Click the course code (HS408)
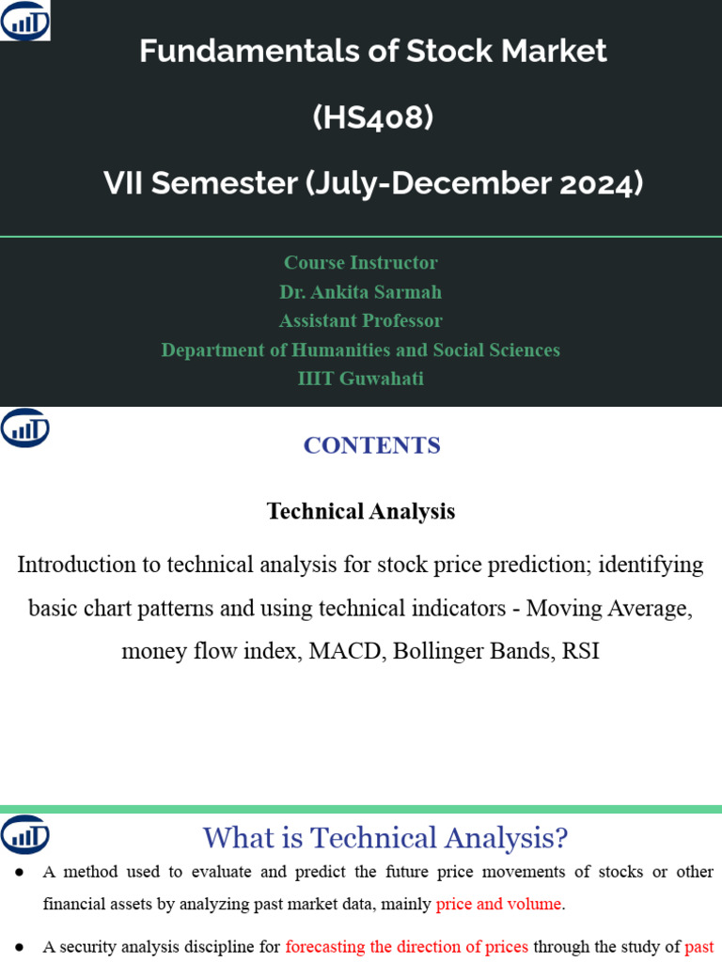click(x=372, y=118)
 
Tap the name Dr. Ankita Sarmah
click(x=360, y=291)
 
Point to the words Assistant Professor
click(x=360, y=320)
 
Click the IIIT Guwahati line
click(x=360, y=379)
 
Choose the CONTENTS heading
click(x=371, y=445)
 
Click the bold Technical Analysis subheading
click(x=361, y=511)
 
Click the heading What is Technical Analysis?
click(x=385, y=837)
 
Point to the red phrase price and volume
click(x=498, y=905)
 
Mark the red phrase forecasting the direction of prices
click(x=406, y=945)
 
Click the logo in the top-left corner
click(x=25, y=21)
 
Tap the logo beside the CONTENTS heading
click(x=25, y=428)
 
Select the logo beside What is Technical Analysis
click(x=25, y=835)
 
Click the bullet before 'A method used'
click(x=19, y=873)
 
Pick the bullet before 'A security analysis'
click(x=19, y=946)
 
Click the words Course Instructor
click(x=360, y=262)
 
